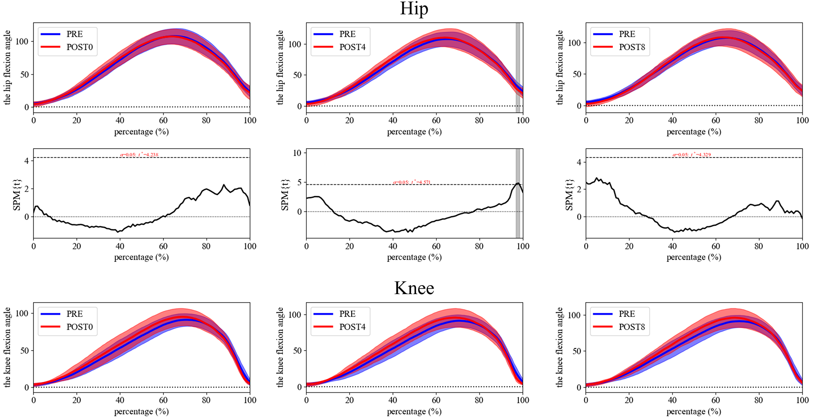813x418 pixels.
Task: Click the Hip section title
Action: [x=414, y=9]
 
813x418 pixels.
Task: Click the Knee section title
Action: [x=414, y=288]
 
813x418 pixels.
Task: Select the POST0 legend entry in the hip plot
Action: [x=79, y=47]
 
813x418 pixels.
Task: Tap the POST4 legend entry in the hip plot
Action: [x=352, y=47]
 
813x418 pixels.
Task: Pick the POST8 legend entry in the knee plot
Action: [x=632, y=327]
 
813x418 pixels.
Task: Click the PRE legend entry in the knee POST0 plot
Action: [x=74, y=314]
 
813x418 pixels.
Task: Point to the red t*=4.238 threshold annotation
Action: [x=140, y=155]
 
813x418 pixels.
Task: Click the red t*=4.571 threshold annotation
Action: [x=412, y=182]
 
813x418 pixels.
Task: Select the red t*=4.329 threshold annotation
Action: [x=692, y=155]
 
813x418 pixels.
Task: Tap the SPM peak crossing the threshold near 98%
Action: [x=518, y=183]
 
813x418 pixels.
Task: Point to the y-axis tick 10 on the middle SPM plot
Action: [x=297, y=153]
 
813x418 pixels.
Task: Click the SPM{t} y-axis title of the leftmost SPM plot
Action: [x=17, y=195]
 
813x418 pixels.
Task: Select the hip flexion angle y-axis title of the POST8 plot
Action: [x=559, y=67]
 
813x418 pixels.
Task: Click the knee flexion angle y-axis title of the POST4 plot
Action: [x=280, y=347]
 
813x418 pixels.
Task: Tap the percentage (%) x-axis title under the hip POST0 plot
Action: [x=141, y=132]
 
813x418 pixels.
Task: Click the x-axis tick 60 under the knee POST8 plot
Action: [x=715, y=400]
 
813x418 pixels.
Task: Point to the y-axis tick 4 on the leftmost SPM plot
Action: [x=26, y=161]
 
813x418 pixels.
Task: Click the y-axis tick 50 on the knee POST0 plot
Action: [x=24, y=351]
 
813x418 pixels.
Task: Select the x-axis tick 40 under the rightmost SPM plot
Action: [x=672, y=246]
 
